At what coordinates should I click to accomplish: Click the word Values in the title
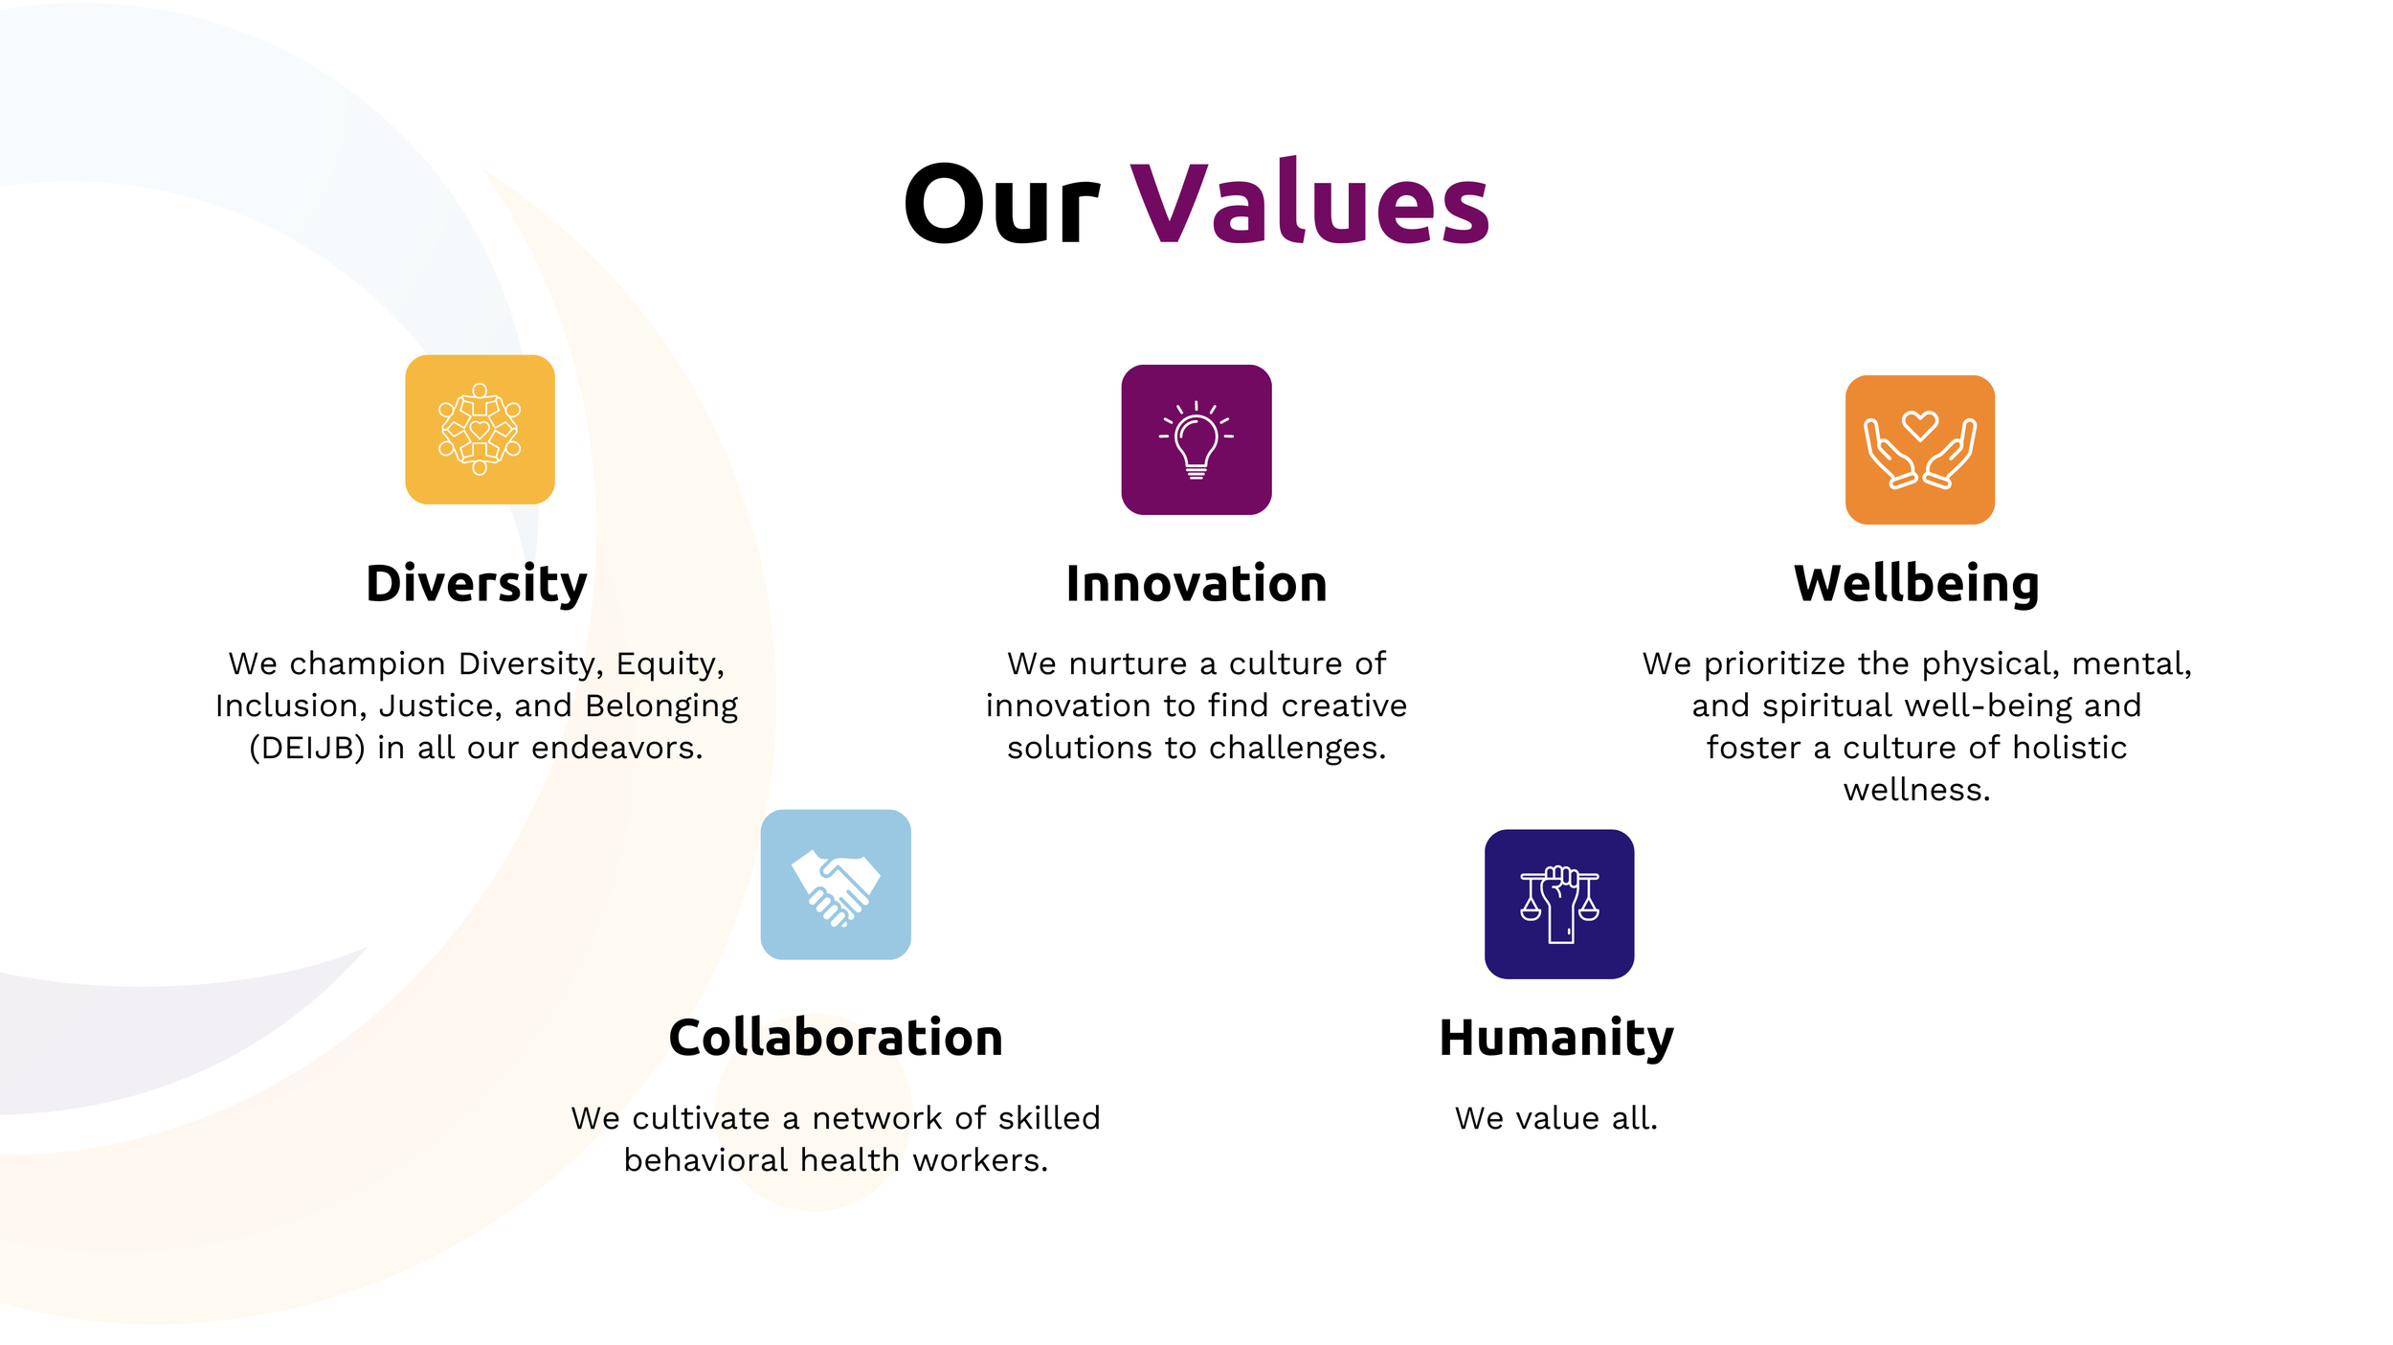pyautogui.click(x=1309, y=204)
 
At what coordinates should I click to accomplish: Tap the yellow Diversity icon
pyautogui.click(x=480, y=430)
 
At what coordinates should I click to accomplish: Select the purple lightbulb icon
pyautogui.click(x=1196, y=439)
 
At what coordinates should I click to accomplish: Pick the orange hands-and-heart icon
pyautogui.click(x=1919, y=450)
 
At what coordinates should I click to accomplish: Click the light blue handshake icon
pyautogui.click(x=836, y=885)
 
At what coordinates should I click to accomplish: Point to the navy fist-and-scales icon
pyautogui.click(x=1559, y=904)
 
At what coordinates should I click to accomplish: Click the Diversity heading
pyautogui.click(x=477, y=584)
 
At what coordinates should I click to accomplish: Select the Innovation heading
pyautogui.click(x=1196, y=584)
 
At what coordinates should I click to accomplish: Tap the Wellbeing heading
pyautogui.click(x=1916, y=584)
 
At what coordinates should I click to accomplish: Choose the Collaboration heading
pyautogui.click(x=836, y=1038)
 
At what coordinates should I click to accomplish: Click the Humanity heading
pyautogui.click(x=1556, y=1038)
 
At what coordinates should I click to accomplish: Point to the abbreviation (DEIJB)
pyautogui.click(x=307, y=748)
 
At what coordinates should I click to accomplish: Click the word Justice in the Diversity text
pyautogui.click(x=439, y=706)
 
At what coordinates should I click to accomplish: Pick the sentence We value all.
pyautogui.click(x=1556, y=1118)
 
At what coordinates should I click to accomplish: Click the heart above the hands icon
pyautogui.click(x=1919, y=424)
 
